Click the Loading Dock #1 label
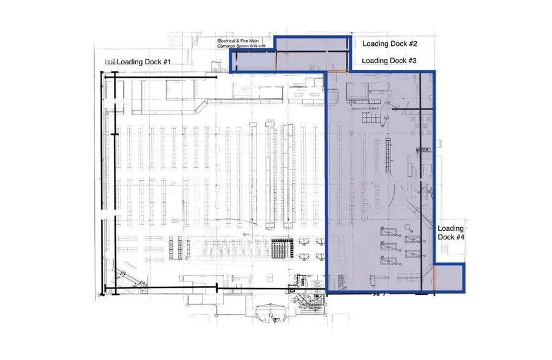[x=144, y=62]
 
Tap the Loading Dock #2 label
[x=389, y=44]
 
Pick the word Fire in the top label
[x=251, y=41]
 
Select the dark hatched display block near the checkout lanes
[x=280, y=249]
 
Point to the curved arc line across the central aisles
[x=233, y=220]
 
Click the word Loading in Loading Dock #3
[x=375, y=61]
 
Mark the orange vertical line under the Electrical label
[x=277, y=61]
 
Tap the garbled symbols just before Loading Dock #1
[x=110, y=62]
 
